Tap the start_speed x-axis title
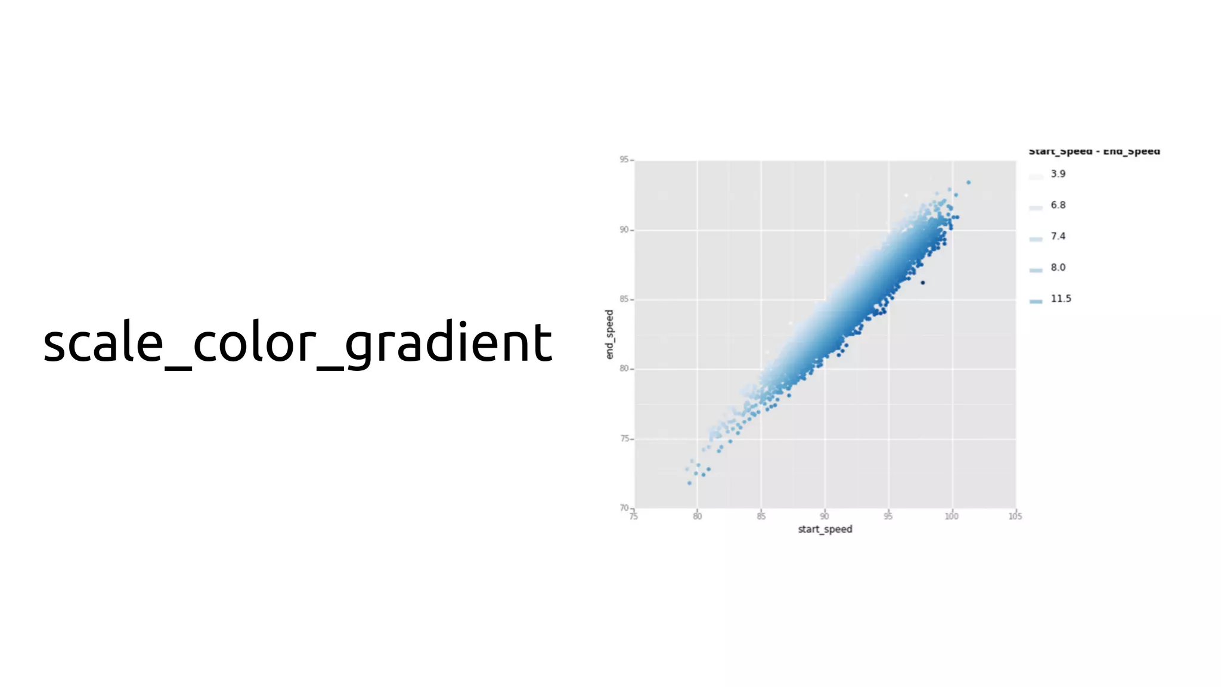click(825, 529)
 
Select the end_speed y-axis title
click(609, 335)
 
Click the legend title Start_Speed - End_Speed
click(1094, 151)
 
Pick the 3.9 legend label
click(1058, 174)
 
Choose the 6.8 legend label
click(1058, 205)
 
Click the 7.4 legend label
click(1058, 236)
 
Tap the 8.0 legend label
click(1058, 267)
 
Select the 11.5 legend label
click(1061, 299)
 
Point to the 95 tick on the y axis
click(624, 160)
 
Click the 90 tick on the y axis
click(624, 230)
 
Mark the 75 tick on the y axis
click(624, 438)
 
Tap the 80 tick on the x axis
click(697, 516)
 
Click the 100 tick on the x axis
click(952, 516)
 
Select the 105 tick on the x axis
click(1015, 516)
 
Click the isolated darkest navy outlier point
click(923, 283)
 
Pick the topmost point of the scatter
click(968, 182)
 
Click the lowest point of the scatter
click(690, 483)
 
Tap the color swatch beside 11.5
click(1036, 301)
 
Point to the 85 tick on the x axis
click(761, 516)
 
